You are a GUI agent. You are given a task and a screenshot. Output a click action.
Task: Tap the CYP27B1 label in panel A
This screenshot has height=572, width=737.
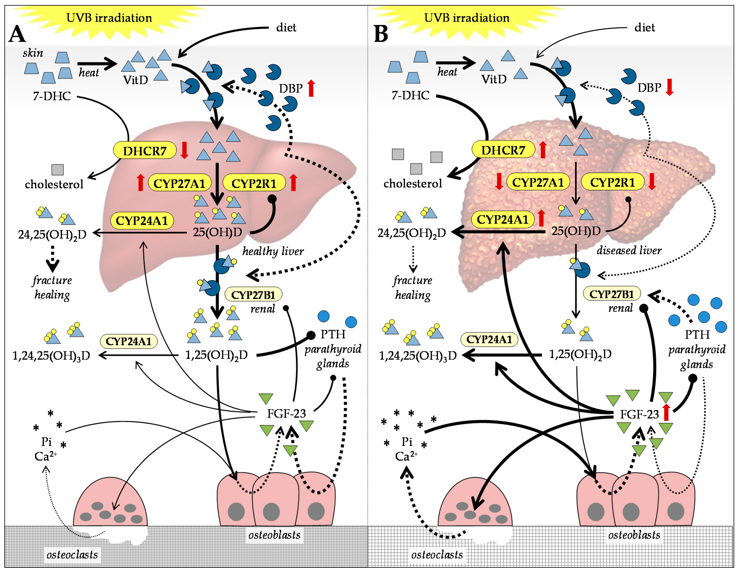pos(253,295)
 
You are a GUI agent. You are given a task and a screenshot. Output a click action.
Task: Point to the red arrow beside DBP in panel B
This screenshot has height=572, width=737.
pos(669,87)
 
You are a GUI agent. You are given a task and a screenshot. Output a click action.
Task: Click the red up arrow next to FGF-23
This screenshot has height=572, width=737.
pos(666,412)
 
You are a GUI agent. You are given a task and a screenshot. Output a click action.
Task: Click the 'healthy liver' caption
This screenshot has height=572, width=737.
pos(273,251)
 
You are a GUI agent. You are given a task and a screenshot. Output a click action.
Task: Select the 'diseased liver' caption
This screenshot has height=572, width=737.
pos(629,250)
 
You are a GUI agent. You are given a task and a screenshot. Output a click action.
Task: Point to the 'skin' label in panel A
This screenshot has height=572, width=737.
pos(33,53)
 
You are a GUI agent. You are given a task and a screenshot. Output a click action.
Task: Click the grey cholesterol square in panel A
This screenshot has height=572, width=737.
pos(57,169)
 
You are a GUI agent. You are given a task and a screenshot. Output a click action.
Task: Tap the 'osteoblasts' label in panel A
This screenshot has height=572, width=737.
pos(274,535)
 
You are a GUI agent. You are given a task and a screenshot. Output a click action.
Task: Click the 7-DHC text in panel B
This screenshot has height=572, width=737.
pos(410,96)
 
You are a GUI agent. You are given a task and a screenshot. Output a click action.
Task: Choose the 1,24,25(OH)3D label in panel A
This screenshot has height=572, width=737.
pos(51,356)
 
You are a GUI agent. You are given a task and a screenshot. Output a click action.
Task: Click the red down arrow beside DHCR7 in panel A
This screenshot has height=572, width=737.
pos(184,150)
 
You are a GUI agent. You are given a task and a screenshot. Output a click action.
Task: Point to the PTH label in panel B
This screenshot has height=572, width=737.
pos(697,335)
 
